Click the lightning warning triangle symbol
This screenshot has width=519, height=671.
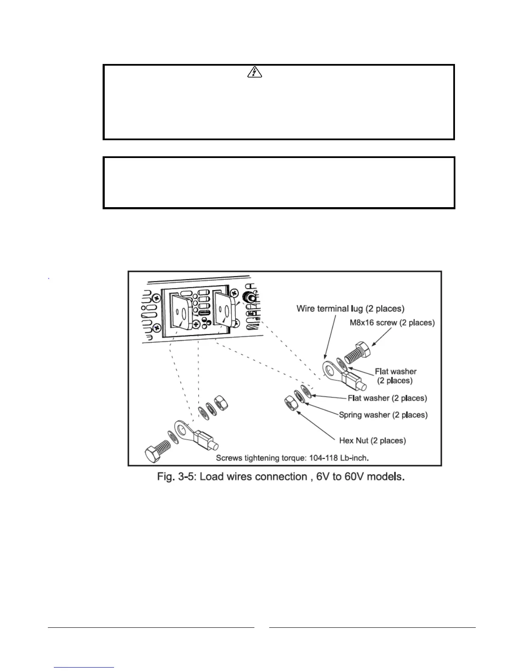[x=254, y=73]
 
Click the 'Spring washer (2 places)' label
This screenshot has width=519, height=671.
[x=383, y=415]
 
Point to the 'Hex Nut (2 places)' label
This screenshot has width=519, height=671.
[x=372, y=441]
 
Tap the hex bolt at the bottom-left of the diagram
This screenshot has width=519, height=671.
[x=157, y=451]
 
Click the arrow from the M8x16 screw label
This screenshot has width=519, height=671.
[x=380, y=335]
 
